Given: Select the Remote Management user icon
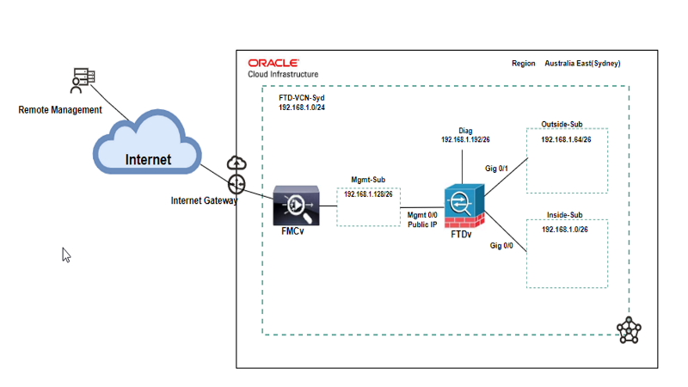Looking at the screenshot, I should [x=80, y=81].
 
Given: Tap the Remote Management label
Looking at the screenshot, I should [x=60, y=110].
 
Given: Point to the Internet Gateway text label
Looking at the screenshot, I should [x=204, y=200].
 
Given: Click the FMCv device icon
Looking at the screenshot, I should [x=295, y=205].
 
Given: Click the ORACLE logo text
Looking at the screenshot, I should [x=273, y=63].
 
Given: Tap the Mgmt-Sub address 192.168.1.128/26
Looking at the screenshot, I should [x=368, y=194].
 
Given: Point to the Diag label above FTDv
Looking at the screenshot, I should [x=465, y=131].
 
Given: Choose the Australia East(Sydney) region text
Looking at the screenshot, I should [x=582, y=64].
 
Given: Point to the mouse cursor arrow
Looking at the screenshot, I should [x=66, y=255].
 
